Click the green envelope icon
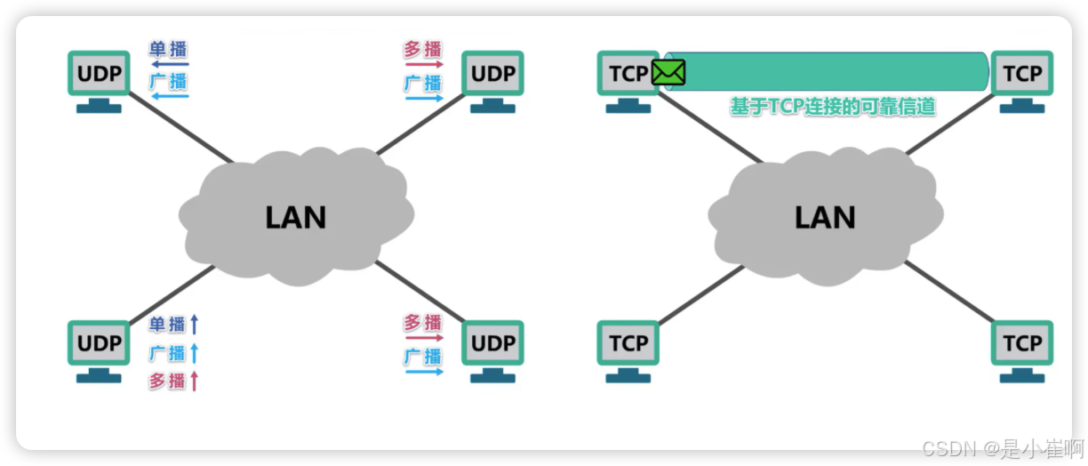668,72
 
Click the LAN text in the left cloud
295,217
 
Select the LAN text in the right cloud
824,217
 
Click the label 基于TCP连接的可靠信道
832,107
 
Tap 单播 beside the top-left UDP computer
168,49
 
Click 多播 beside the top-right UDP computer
423,50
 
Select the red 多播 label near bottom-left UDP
167,382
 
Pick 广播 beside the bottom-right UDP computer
423,356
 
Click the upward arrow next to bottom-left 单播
195,325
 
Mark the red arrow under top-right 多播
424,65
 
